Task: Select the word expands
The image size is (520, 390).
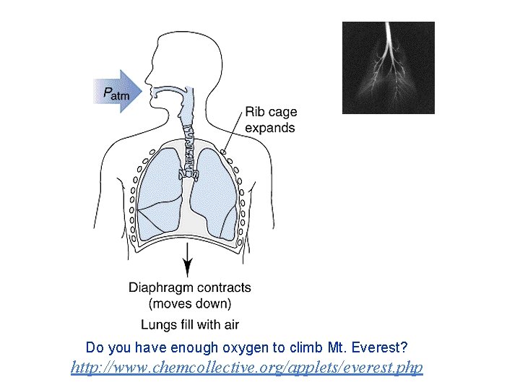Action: pyautogui.click(x=269, y=128)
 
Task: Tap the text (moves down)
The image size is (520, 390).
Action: pyautogui.click(x=190, y=303)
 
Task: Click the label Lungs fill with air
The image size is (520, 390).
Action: pyautogui.click(x=190, y=324)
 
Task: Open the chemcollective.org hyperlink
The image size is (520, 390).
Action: pyautogui.click(x=247, y=368)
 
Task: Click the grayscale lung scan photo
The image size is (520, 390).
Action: pyautogui.click(x=388, y=68)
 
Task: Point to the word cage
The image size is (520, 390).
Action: pyautogui.click(x=282, y=113)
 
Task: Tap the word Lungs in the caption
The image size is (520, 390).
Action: pyautogui.click(x=157, y=324)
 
